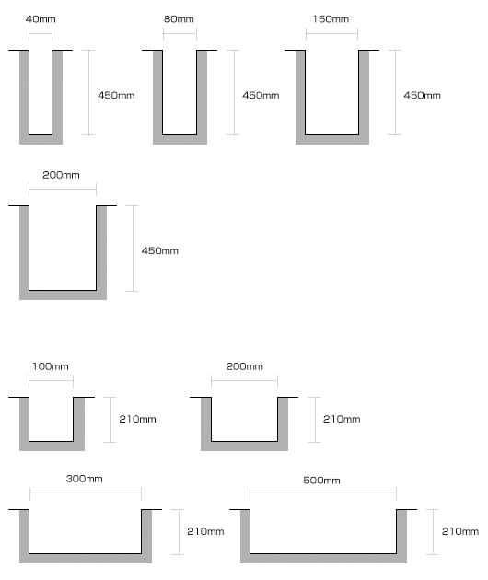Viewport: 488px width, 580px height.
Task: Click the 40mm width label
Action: (41, 19)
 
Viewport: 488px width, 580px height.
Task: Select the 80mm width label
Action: (179, 19)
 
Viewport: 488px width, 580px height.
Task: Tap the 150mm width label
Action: (331, 19)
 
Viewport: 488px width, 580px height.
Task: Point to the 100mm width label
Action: (51, 366)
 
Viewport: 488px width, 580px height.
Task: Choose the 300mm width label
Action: (84, 479)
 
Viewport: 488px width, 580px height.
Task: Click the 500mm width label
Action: (321, 481)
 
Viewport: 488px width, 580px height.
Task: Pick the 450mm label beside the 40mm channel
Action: (116, 96)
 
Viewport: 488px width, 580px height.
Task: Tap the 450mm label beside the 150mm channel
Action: (422, 96)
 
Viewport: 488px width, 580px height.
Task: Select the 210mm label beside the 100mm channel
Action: (137, 419)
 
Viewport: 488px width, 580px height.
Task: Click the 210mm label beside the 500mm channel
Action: (460, 531)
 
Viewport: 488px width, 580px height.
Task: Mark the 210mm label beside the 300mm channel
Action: (205, 531)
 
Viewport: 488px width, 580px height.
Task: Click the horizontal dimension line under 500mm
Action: (323, 493)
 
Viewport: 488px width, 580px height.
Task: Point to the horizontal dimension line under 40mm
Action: (41, 34)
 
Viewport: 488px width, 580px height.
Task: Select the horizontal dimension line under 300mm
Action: (86, 493)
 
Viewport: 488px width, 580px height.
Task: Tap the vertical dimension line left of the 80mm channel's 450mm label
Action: (234, 92)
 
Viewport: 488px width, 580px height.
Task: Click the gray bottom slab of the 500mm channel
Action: (323, 559)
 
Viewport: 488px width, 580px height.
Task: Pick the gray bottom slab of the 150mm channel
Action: (332, 139)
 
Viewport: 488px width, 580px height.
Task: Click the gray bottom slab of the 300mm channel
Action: (86, 559)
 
